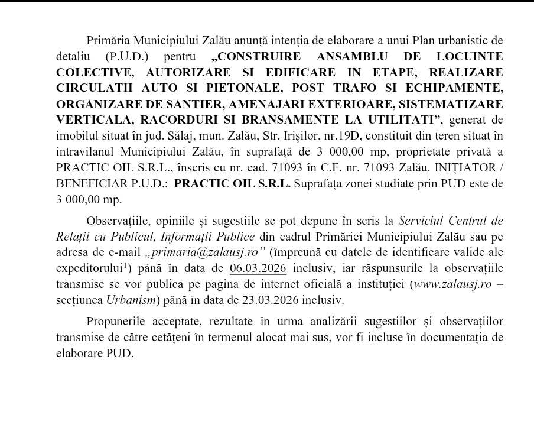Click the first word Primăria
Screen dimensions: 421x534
coord(107,41)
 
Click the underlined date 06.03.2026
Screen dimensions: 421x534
coord(258,269)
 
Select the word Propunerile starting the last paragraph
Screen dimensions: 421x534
coord(117,322)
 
